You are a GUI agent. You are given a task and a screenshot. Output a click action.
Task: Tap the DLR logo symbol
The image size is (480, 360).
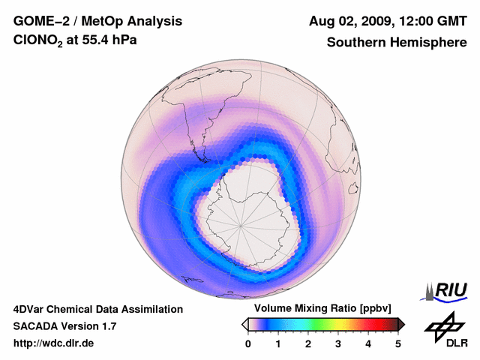pyautogui.click(x=443, y=325)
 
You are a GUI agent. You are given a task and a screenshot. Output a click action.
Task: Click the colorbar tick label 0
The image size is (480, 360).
pyautogui.click(x=248, y=343)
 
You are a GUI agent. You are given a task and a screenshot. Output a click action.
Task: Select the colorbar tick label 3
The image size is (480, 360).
pyautogui.click(x=338, y=343)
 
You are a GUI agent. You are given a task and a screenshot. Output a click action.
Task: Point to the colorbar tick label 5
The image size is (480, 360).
pyautogui.click(x=398, y=343)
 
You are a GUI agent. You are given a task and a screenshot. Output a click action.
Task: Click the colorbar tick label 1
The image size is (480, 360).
pyautogui.click(x=278, y=343)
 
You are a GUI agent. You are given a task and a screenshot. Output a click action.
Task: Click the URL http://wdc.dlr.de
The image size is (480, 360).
pyautogui.click(x=53, y=343)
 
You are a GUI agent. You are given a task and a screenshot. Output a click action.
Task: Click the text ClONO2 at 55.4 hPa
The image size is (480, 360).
pyautogui.click(x=65, y=43)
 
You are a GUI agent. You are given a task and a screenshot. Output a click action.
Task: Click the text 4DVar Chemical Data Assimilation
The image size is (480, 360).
pyautogui.click(x=97, y=309)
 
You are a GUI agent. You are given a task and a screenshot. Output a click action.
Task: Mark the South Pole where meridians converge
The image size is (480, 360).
pyautogui.click(x=240, y=226)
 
